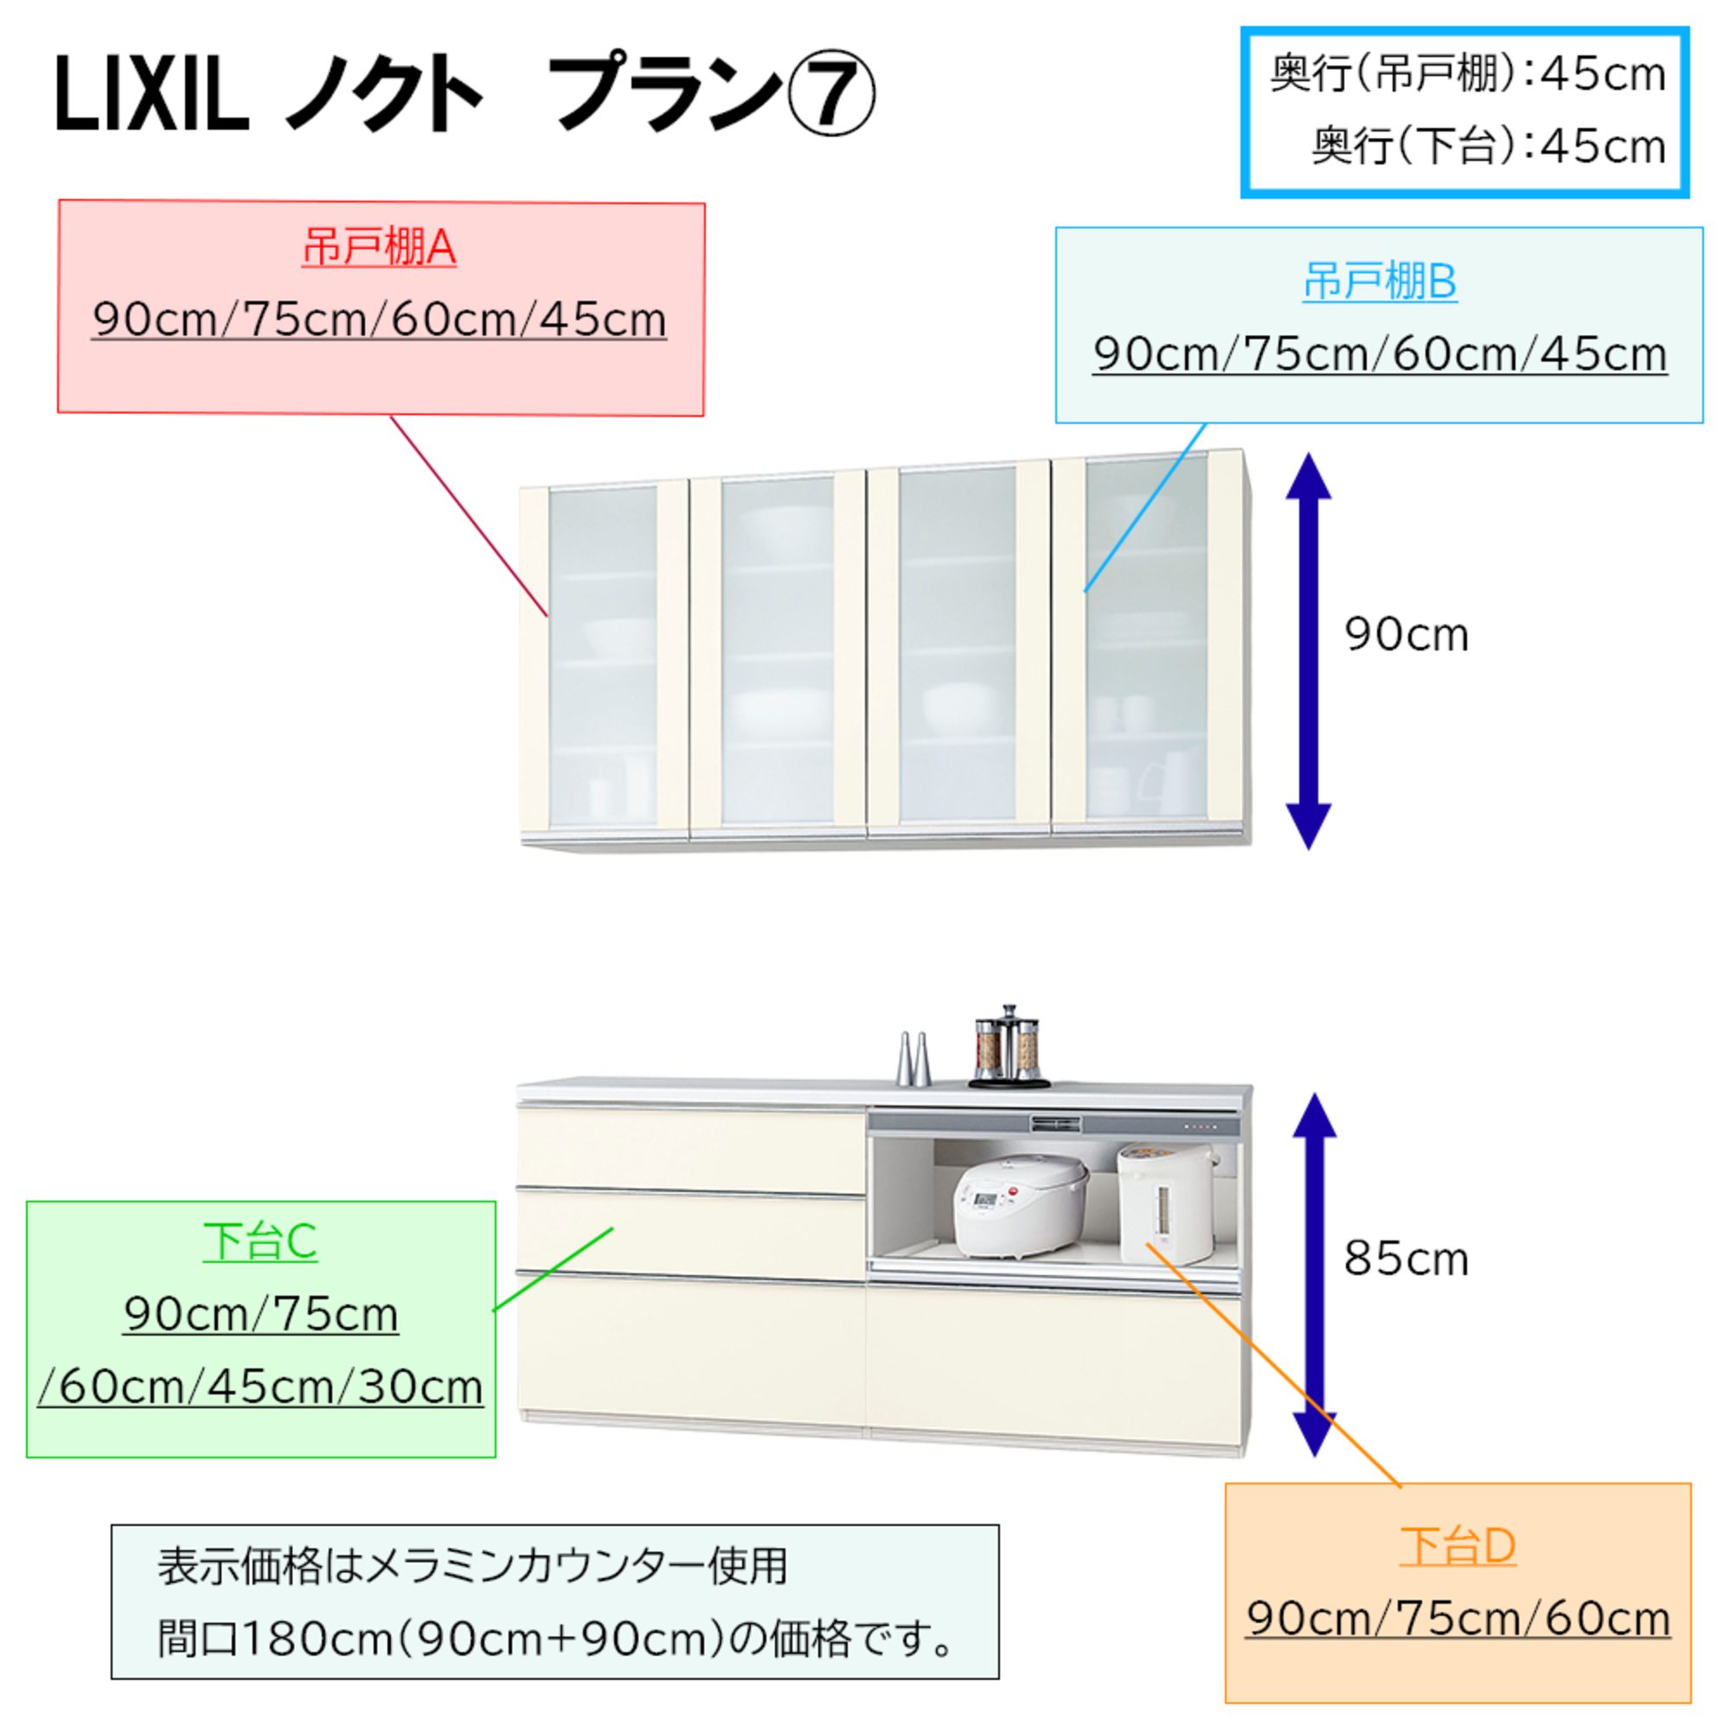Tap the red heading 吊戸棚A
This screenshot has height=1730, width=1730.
tap(379, 247)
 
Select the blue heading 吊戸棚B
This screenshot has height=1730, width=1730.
tap(1379, 281)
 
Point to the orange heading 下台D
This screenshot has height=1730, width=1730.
tap(1457, 1546)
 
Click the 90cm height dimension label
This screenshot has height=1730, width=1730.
tap(1406, 636)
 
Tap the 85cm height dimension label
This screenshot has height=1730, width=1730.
tap(1406, 1259)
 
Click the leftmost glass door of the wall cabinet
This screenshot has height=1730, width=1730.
tap(603, 654)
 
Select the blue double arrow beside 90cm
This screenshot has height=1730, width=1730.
tap(1308, 651)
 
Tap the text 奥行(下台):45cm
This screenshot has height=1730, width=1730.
tap(1487, 146)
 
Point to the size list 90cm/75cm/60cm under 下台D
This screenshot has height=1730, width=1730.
tap(1458, 1618)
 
